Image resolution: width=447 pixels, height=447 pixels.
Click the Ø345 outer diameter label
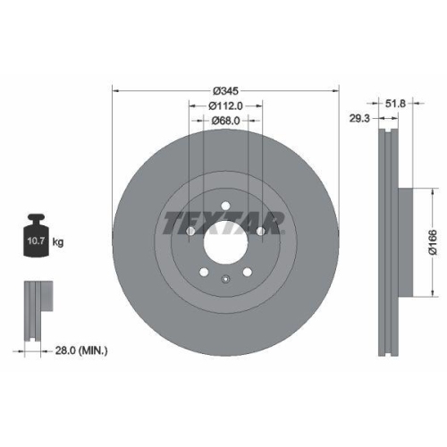point(225,90)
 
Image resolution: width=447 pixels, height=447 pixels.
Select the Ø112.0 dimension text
point(225,105)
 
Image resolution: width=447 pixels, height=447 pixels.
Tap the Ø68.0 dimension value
point(225,121)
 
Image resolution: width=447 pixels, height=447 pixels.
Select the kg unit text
point(58,242)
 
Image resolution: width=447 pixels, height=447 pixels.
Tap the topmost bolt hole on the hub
point(225,205)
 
